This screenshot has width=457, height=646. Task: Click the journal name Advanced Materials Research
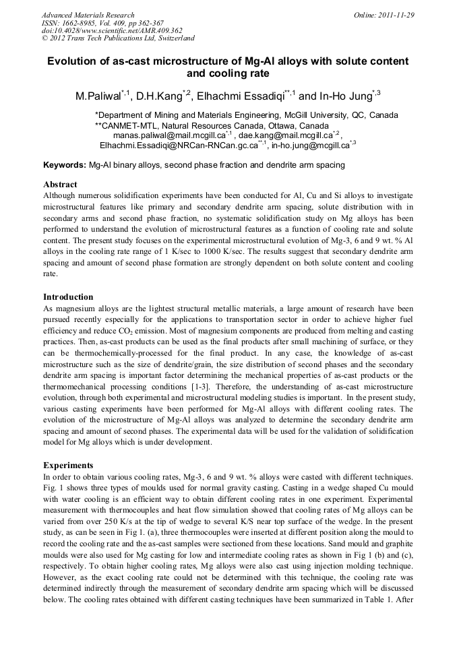pyautogui.click(x=88, y=15)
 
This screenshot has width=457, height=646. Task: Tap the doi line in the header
pyautogui.click(x=112, y=30)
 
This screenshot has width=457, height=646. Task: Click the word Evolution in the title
pyautogui.click(x=72, y=61)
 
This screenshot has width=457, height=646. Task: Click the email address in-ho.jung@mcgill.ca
pyautogui.click(x=309, y=145)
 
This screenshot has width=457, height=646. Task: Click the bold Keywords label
pyautogui.click(x=65, y=164)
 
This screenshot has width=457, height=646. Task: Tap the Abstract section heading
pyautogui.click(x=60, y=184)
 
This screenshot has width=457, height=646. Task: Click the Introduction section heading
pyautogui.click(x=68, y=297)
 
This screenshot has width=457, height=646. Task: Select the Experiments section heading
pyautogui.click(x=68, y=465)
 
